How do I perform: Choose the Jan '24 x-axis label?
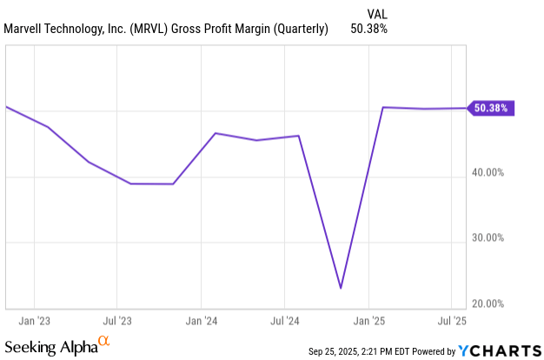(x=201, y=320)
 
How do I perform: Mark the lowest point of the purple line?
(x=341, y=288)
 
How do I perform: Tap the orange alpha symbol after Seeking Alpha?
(x=104, y=342)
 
